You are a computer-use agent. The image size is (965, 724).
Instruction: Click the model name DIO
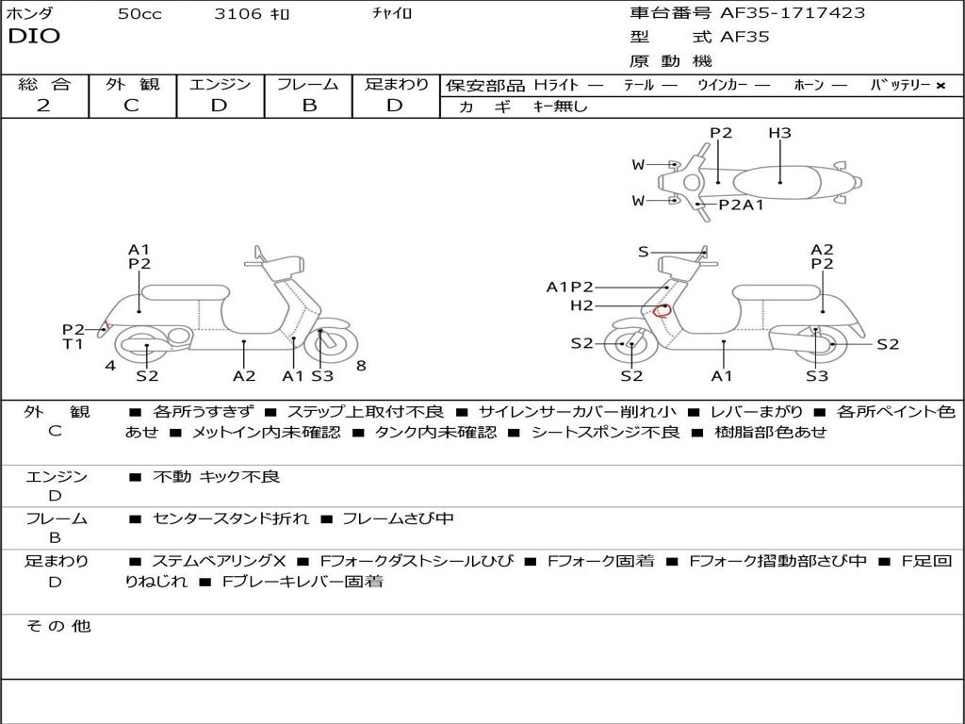pyautogui.click(x=34, y=37)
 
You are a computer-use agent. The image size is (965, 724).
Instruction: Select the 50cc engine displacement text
pyautogui.click(x=139, y=14)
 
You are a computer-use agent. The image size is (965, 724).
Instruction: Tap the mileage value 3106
pyautogui.click(x=237, y=14)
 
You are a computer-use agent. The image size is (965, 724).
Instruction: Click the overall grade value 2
pyautogui.click(x=43, y=106)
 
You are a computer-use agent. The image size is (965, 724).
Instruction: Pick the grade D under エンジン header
pyautogui.click(x=220, y=106)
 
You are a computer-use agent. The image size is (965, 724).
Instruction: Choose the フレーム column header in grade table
pyautogui.click(x=307, y=84)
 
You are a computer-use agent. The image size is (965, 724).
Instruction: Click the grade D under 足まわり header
pyautogui.click(x=395, y=106)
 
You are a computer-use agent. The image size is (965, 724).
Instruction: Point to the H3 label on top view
pyautogui.click(x=779, y=133)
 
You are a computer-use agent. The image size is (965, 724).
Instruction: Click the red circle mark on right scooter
pyautogui.click(x=662, y=310)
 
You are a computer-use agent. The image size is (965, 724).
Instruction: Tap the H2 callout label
pyautogui.click(x=581, y=305)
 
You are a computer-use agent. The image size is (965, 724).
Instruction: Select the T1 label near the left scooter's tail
pyautogui.click(x=73, y=344)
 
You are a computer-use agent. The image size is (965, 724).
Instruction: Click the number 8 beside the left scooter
pyautogui.click(x=361, y=365)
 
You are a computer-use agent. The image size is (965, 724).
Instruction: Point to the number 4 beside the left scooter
pyautogui.click(x=110, y=365)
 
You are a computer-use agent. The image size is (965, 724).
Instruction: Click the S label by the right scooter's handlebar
pyautogui.click(x=643, y=252)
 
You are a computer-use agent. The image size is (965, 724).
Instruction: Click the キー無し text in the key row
pyautogui.click(x=560, y=107)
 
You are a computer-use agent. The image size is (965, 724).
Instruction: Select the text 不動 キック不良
pyautogui.click(x=216, y=477)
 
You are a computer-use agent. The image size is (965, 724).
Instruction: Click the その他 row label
pyautogui.click(x=57, y=626)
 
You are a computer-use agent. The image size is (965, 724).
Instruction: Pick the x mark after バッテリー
pyautogui.click(x=940, y=86)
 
